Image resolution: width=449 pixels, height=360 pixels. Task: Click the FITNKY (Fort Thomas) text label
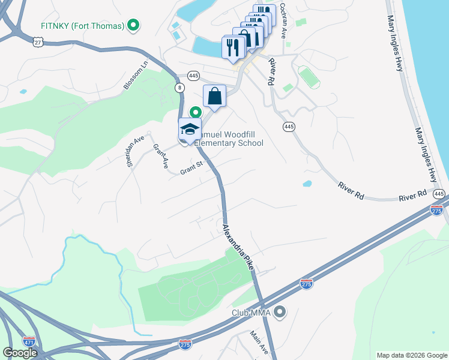coord(82,26)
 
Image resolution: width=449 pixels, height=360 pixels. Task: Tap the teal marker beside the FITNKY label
coord(134,26)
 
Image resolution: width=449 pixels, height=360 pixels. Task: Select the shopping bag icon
coord(215,96)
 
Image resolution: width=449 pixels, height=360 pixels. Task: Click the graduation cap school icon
coord(190,129)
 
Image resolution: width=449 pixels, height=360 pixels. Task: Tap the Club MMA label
coord(252,313)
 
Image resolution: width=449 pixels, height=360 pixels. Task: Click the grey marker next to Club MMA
coord(279,312)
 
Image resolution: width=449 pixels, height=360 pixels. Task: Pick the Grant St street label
coord(193,170)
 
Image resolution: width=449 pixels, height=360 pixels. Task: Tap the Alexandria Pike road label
coord(238,247)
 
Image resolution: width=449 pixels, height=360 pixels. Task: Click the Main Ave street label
coord(260,343)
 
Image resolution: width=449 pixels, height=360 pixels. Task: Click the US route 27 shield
coord(38,41)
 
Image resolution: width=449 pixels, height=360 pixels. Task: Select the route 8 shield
coord(180,88)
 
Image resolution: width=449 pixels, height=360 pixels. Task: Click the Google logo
coord(20,353)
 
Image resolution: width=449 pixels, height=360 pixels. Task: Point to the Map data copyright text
coord(411,355)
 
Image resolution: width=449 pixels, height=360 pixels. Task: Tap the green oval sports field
coord(309,77)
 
